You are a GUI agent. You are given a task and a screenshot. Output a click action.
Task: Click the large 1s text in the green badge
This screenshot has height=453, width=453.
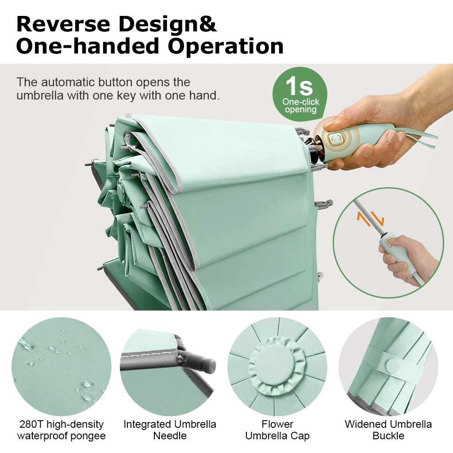click(x=299, y=86)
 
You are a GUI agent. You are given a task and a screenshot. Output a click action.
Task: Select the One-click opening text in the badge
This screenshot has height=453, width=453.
click(x=301, y=106)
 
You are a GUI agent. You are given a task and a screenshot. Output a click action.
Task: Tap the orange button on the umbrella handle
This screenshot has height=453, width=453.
click(x=335, y=138)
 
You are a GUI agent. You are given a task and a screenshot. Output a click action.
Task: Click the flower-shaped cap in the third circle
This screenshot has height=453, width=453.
click(x=277, y=366)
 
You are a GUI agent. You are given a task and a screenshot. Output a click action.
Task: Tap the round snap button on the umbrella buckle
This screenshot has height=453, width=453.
click(x=391, y=365)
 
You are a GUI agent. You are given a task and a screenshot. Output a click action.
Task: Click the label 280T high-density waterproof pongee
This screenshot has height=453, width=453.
click(x=61, y=430)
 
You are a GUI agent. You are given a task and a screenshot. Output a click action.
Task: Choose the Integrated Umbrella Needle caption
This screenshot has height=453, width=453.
click(x=170, y=430)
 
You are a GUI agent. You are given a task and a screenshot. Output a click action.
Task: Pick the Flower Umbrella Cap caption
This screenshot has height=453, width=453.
click(x=277, y=430)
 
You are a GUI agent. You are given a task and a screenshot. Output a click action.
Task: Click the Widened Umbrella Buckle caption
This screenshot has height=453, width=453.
click(x=388, y=430)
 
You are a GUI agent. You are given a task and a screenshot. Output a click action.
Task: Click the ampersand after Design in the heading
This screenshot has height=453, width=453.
click(x=207, y=24)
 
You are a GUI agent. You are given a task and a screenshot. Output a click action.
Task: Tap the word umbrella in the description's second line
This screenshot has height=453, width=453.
click(x=40, y=95)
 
